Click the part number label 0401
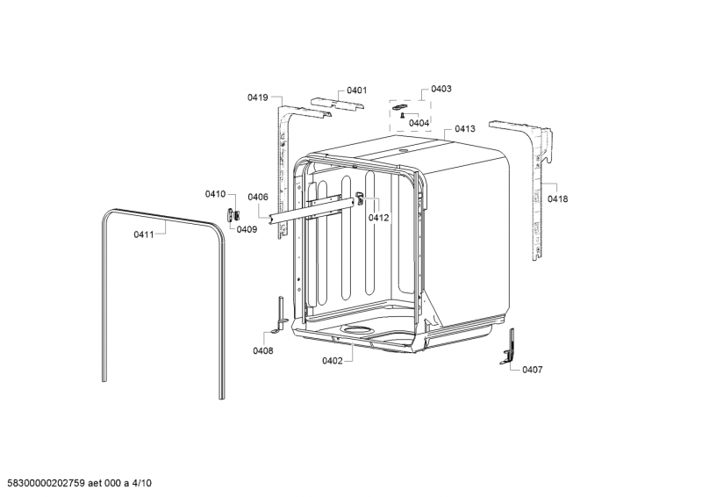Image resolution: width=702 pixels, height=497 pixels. (x=356, y=90)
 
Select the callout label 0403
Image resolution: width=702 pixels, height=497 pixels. (x=441, y=90)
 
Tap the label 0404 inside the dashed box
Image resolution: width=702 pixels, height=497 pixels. (x=419, y=123)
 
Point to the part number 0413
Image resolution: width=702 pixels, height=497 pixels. (x=465, y=129)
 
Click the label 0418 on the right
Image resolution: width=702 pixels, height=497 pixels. (x=557, y=199)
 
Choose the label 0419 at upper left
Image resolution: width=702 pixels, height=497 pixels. (x=257, y=98)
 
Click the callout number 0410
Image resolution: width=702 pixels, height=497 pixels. (x=215, y=194)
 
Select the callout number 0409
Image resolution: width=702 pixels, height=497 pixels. (x=247, y=229)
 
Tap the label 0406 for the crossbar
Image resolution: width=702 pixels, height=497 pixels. (x=257, y=197)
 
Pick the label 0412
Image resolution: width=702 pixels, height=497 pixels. (x=378, y=218)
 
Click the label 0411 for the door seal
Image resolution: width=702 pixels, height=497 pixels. (x=144, y=234)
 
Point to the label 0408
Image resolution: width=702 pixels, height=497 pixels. (x=262, y=351)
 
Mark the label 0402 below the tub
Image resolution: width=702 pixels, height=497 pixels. (x=333, y=361)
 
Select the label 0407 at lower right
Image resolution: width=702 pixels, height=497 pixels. (x=532, y=370)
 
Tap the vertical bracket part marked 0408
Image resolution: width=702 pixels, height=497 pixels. (x=281, y=314)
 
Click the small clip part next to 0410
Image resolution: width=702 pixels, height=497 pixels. (x=233, y=214)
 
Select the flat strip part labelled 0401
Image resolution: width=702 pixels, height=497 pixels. (x=337, y=104)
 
